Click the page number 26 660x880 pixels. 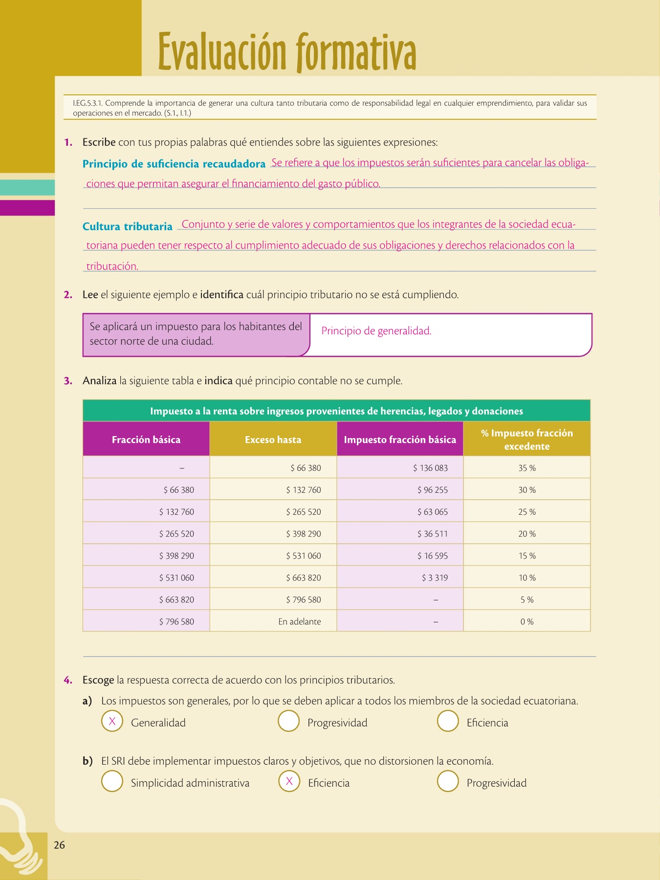coord(59,845)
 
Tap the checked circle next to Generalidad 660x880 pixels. coord(112,721)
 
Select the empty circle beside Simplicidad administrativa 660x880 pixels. coord(112,781)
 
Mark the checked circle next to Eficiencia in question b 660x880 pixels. coord(289,781)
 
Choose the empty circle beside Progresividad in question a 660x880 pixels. coord(288,721)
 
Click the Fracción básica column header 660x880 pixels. coord(146,440)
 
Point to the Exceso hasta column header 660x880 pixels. coord(273,440)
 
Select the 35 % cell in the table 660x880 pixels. coord(527,468)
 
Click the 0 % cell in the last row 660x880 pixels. coord(527,621)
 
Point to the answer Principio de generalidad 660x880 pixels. coord(376,331)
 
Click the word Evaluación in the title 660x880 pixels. coord(222,52)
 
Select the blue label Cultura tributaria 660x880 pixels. coord(127,226)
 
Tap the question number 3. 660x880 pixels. coord(68,381)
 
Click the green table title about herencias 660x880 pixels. coord(336,411)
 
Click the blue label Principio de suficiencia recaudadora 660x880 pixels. coord(174,164)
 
